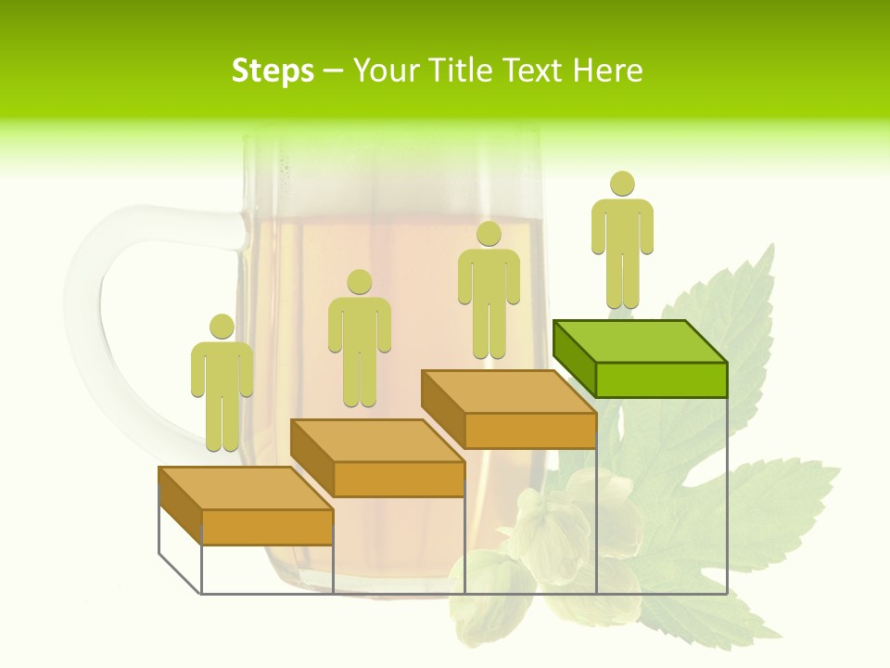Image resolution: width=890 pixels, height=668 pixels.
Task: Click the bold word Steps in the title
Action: pos(273,71)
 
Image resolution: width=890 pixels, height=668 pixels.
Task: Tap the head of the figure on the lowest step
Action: pos(222,326)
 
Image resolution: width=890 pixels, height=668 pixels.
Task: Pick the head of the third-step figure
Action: pos(489,233)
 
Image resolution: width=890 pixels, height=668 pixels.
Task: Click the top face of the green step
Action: pos(640,340)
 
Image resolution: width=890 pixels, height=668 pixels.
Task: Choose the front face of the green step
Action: pos(661,379)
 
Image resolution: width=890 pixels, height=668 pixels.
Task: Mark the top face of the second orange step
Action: pos(376,440)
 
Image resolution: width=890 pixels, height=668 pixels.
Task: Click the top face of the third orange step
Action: pos(508,391)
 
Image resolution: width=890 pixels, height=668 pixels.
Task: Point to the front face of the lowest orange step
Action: pos(267,526)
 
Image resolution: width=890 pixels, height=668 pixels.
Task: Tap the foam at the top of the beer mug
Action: pos(389,176)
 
